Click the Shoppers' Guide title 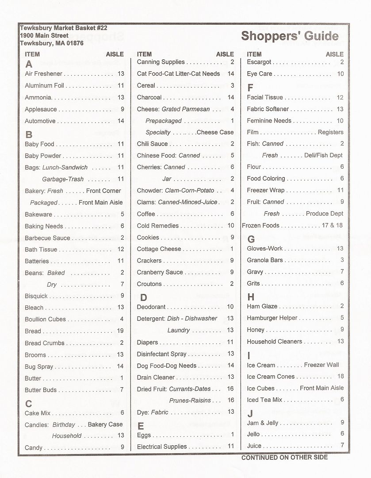[x=290, y=36]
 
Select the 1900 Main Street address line [x=44, y=35]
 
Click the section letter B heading [x=29, y=135]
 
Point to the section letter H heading [x=251, y=297]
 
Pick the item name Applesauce [x=41, y=109]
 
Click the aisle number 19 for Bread [x=120, y=331]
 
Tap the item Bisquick [x=36, y=296]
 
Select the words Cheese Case [x=215, y=132]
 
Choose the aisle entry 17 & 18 [x=332, y=225]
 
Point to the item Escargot [x=259, y=62]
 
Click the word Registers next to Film [x=330, y=132]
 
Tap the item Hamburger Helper [x=272, y=318]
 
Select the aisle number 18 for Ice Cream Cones [x=340, y=377]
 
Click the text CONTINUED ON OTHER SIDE [x=284, y=457]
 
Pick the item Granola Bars [x=265, y=260]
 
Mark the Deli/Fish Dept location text [x=324, y=155]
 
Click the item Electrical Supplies [x=162, y=447]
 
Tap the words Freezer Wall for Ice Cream [x=321, y=365]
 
